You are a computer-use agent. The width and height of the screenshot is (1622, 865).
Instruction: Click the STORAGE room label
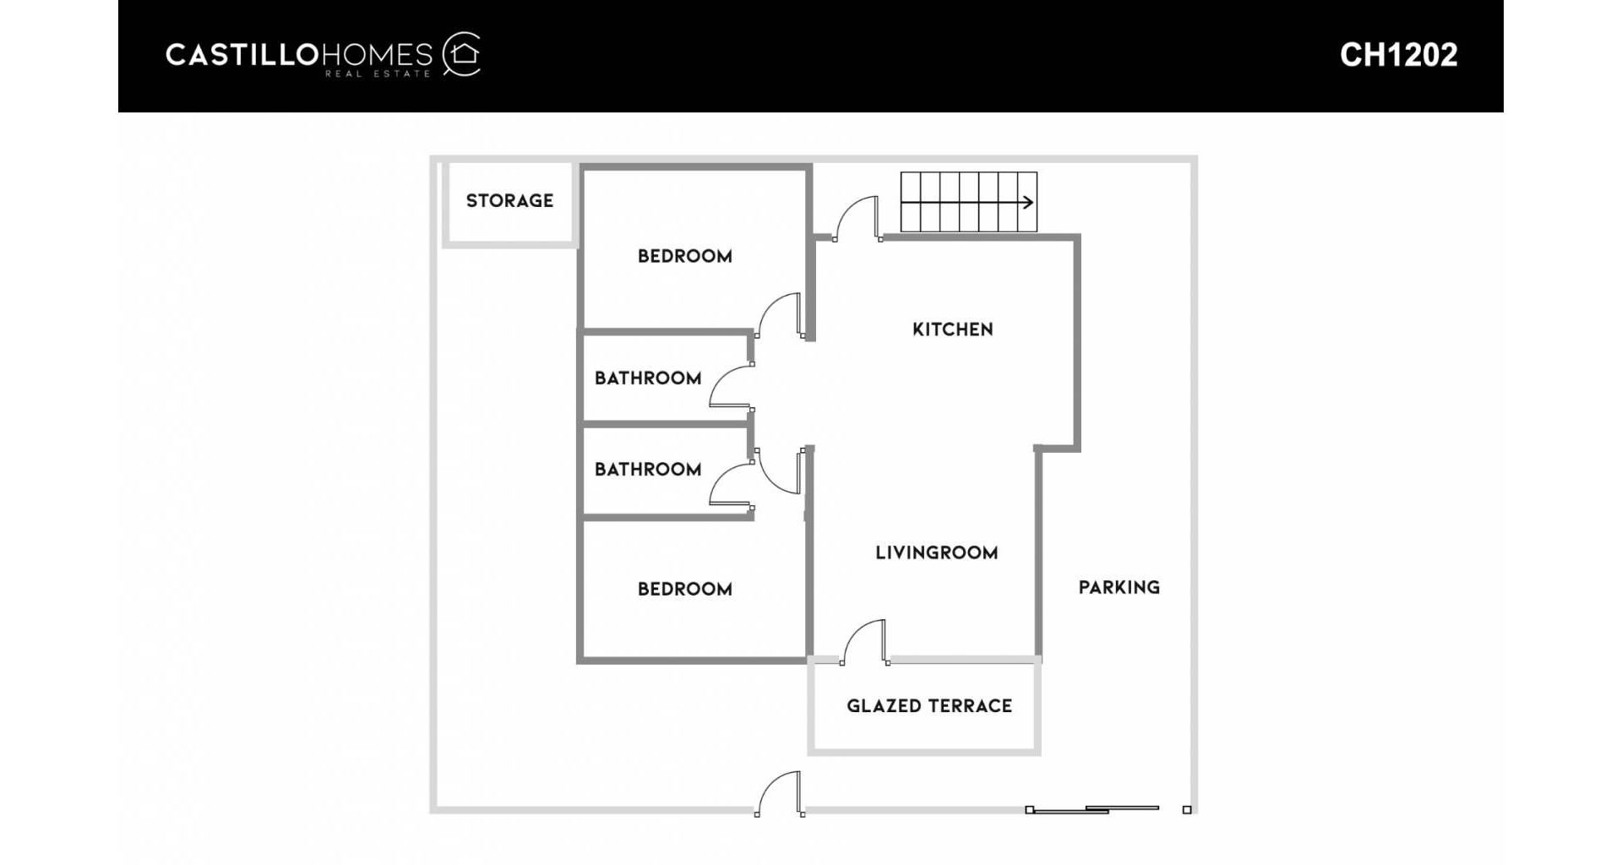[509, 201]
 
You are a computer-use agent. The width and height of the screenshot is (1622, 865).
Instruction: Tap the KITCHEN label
[952, 329]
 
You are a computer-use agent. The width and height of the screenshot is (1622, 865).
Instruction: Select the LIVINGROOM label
[936, 553]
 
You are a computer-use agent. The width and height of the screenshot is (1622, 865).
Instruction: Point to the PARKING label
[1119, 588]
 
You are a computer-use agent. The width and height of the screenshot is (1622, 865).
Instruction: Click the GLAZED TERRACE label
[929, 706]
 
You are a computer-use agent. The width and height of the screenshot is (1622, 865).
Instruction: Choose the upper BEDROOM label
[684, 257]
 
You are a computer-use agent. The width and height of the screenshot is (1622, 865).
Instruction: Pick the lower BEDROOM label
[684, 590]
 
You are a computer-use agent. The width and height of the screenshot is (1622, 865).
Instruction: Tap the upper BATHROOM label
[648, 378]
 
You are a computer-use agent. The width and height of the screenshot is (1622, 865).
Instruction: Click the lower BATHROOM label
[648, 470]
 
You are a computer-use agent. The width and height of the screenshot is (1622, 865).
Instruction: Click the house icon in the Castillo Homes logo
[463, 55]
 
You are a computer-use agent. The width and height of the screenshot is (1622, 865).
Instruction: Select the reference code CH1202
[1398, 56]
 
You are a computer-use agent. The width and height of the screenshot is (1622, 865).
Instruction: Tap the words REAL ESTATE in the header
[378, 74]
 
